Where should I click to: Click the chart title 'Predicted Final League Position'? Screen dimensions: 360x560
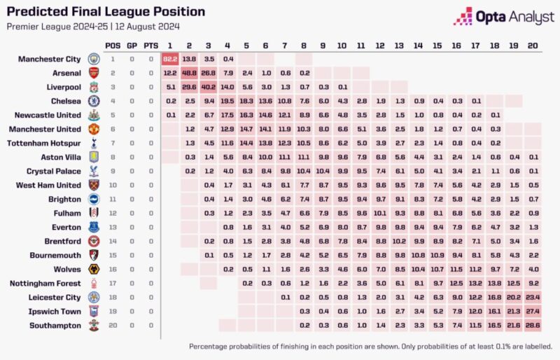[x=106, y=12]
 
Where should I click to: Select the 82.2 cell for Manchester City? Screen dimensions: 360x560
[x=171, y=59]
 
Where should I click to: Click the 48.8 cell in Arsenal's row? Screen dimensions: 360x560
[x=189, y=73]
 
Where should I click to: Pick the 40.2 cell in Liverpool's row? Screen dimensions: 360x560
[x=208, y=87]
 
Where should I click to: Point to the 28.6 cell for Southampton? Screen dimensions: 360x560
[x=533, y=326]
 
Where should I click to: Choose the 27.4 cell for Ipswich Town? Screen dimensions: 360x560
[x=533, y=312]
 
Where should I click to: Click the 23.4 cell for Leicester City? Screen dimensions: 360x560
[x=533, y=298]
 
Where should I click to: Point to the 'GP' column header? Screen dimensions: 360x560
[x=132, y=46]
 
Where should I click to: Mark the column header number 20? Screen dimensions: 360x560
[x=533, y=46]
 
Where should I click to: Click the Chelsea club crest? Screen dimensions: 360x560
[x=93, y=101]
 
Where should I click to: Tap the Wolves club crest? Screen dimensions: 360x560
[x=93, y=270]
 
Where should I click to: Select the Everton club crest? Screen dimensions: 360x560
[x=93, y=228]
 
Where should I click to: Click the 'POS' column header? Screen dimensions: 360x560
[x=113, y=46]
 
